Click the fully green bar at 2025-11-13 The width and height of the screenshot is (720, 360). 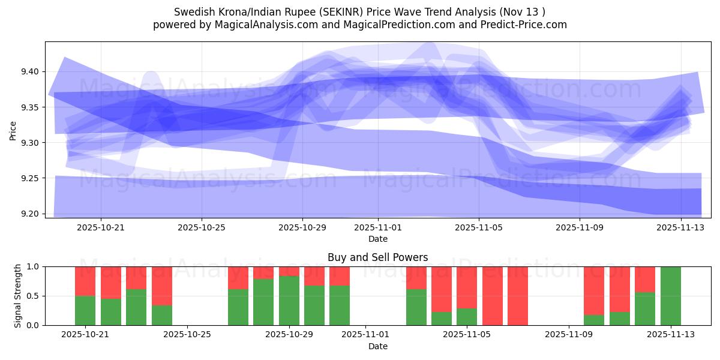[x=670, y=296]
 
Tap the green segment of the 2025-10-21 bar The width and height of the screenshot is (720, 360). [x=85, y=310]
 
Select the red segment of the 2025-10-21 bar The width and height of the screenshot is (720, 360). [x=85, y=281]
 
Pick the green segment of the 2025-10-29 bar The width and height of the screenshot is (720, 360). [x=289, y=301]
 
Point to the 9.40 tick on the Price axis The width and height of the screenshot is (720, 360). [x=29, y=72]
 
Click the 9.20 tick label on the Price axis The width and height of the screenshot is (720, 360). [x=29, y=214]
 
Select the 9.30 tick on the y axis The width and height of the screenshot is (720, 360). [x=29, y=143]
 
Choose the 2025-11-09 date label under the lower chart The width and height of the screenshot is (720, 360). [x=568, y=335]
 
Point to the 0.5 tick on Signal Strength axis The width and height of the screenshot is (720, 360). [x=33, y=296]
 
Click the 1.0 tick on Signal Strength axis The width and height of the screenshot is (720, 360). [x=33, y=266]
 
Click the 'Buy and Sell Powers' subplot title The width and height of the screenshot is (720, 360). [x=377, y=257]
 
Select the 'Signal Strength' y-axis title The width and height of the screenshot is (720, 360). [x=17, y=296]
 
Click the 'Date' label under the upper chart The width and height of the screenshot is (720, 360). [x=377, y=239]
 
